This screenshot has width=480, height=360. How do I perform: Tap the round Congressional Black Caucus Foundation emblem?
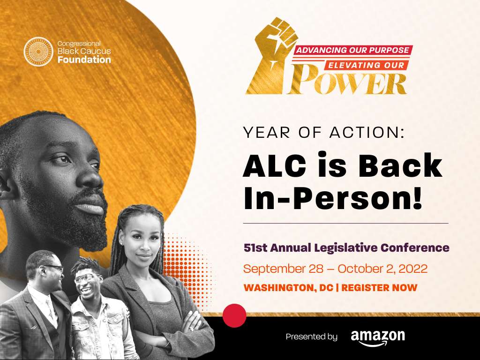click(x=38, y=52)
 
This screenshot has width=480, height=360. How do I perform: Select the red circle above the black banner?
click(x=234, y=315)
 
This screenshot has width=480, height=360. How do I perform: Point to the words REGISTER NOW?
click(x=379, y=288)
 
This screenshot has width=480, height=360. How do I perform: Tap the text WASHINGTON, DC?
click(x=288, y=288)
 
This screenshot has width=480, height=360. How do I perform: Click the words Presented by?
click(x=311, y=337)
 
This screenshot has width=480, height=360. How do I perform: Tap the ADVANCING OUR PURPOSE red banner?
click(x=352, y=50)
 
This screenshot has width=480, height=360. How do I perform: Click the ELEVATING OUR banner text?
click(x=366, y=65)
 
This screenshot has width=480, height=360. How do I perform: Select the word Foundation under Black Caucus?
click(x=84, y=60)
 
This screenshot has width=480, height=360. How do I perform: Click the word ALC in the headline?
click(x=274, y=165)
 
